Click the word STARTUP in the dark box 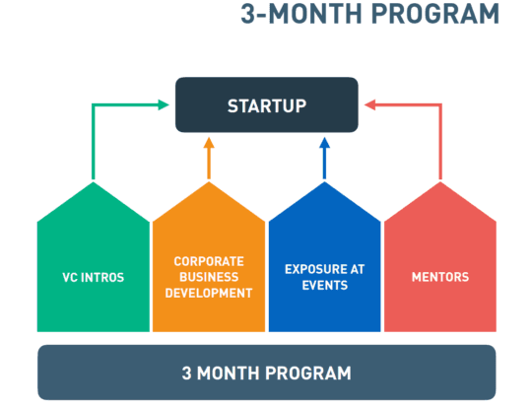point(267,105)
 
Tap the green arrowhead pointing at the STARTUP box point(164,104)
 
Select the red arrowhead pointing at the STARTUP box point(369,104)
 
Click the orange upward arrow point(209,158)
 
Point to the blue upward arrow point(325,158)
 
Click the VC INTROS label point(94,278)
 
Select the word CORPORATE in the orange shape point(209,261)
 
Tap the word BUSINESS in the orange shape point(209,277)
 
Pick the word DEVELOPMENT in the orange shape point(209,293)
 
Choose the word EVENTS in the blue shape point(325,286)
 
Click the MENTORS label point(440,277)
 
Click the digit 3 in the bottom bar point(186,373)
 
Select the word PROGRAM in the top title point(435,14)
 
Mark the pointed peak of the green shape point(94,182)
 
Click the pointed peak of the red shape point(440,182)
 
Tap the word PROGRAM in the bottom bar point(308,373)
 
